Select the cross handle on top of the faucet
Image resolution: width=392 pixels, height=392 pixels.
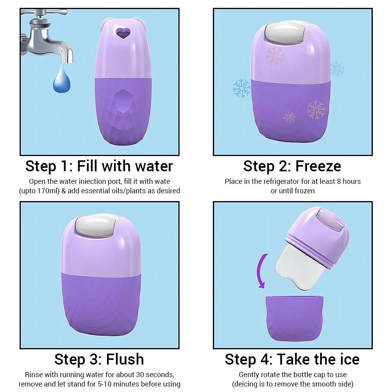[x=44, y=12]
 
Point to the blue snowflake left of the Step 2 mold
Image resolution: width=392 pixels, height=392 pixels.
[x=241, y=88]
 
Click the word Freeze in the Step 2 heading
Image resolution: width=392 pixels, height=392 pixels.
[x=318, y=166]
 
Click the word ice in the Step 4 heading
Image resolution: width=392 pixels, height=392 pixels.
[x=350, y=359]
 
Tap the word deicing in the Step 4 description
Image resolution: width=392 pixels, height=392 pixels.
[x=246, y=384]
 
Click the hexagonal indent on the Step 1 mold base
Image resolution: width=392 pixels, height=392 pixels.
[x=123, y=102]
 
